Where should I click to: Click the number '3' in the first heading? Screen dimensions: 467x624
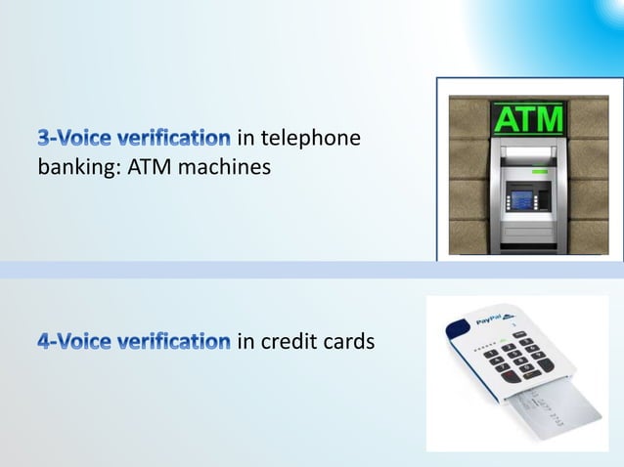click(43, 142)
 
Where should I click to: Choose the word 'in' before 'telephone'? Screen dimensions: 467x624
click(246, 142)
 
